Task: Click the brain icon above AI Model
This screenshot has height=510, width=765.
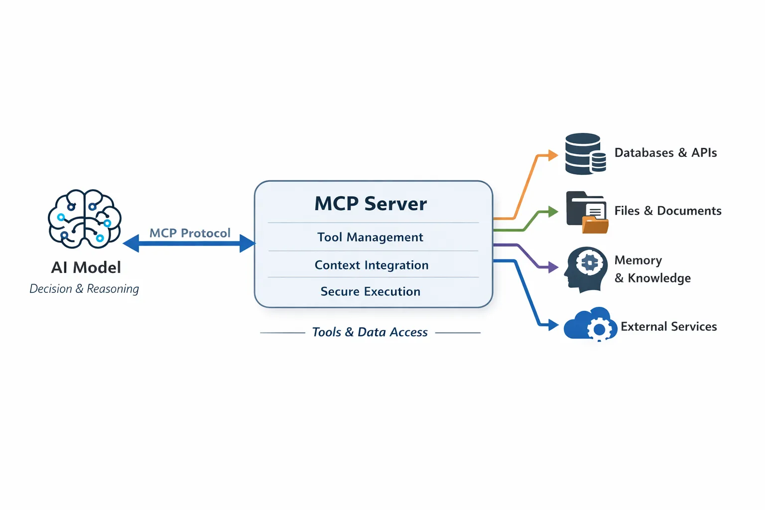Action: [85, 219]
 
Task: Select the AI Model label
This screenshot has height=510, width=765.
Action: [86, 267]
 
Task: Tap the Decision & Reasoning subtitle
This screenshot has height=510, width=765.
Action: [84, 289]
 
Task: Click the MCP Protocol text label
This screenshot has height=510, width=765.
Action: [190, 233]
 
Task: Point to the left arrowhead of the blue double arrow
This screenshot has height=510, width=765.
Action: [130, 244]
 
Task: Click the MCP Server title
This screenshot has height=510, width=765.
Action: [371, 204]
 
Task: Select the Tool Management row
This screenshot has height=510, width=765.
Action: [371, 237]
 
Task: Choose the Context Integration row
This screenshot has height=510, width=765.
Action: [372, 265]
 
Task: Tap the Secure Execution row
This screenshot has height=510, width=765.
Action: [371, 291]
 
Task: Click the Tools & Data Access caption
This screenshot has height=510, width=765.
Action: [370, 332]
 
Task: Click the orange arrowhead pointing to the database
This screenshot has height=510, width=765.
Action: [552, 155]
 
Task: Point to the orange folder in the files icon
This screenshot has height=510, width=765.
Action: [595, 226]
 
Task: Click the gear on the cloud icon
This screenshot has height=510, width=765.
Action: [600, 329]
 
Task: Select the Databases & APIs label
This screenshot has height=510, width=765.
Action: [665, 153]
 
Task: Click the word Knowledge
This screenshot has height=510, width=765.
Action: [659, 278]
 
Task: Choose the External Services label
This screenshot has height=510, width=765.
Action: [668, 327]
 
